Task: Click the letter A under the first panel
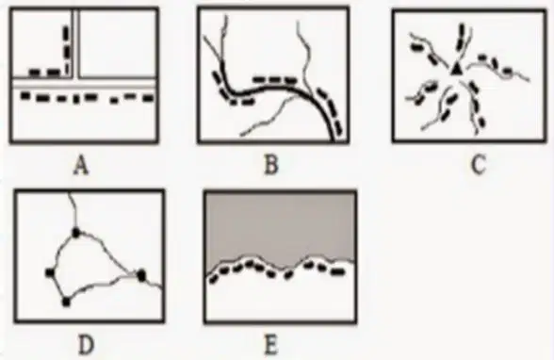click(x=81, y=167)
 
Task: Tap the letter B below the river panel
click(x=271, y=165)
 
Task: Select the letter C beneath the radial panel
click(x=479, y=165)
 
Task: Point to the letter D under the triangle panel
click(x=87, y=346)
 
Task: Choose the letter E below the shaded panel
click(x=270, y=346)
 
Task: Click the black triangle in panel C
click(x=456, y=69)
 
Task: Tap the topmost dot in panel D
click(x=75, y=233)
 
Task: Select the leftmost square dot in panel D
click(x=50, y=272)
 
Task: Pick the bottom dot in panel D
click(x=66, y=303)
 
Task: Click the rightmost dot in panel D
click(x=141, y=275)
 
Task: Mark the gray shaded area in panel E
click(x=280, y=226)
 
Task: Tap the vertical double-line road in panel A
click(x=75, y=43)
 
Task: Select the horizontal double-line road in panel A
click(x=84, y=82)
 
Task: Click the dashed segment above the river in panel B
click(x=275, y=80)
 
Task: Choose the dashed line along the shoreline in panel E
click(x=277, y=271)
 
